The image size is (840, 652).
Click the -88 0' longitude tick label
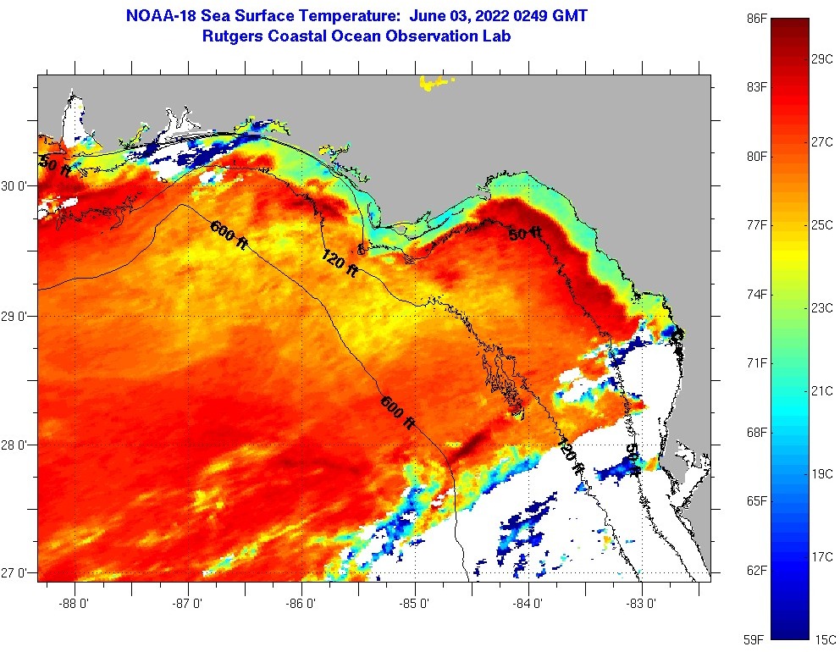click(x=75, y=605)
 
